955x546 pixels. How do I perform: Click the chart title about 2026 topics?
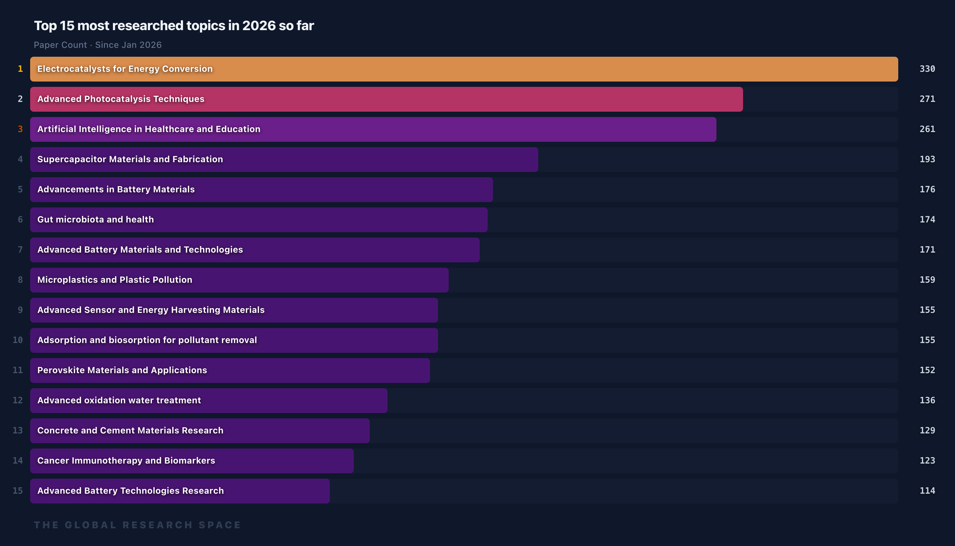tap(174, 25)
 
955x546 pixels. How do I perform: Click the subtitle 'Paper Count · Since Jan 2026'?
tap(98, 45)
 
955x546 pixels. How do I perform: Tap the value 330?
tap(927, 69)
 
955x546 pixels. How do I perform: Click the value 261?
tap(927, 129)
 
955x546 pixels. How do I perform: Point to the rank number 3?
tap(20, 129)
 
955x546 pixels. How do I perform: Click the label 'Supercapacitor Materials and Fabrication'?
tap(130, 159)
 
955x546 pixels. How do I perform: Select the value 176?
tap(927, 189)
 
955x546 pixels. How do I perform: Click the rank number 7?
tap(20, 250)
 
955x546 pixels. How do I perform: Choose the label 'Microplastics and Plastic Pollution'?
tap(115, 280)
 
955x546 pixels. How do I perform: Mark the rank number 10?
tap(18, 340)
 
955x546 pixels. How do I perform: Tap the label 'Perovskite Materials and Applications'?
tap(122, 370)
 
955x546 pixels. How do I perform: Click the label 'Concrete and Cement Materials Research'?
tap(130, 430)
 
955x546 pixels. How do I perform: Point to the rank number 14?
tap(18, 461)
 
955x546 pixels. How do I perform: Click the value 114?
tap(927, 491)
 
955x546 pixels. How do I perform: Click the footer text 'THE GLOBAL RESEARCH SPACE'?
tap(137, 525)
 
